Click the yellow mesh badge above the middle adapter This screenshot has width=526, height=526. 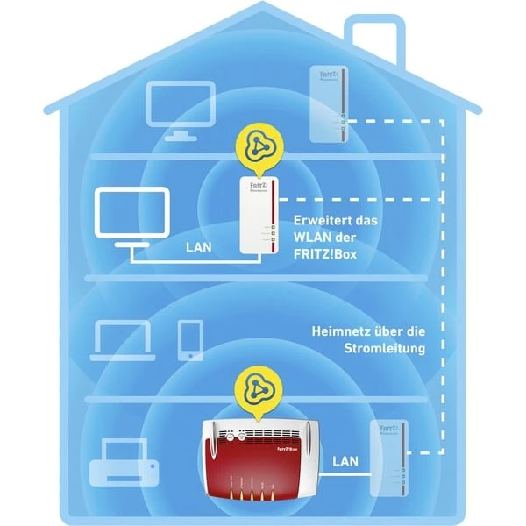coord(259,145)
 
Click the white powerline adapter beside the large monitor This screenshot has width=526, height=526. coord(260,215)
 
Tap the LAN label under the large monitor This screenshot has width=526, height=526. coord(199,247)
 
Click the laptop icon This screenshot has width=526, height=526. coord(122,339)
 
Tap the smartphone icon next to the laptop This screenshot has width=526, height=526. coord(190,340)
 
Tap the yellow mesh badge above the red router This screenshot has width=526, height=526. coord(259,391)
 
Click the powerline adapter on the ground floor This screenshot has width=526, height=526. coord(388,456)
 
